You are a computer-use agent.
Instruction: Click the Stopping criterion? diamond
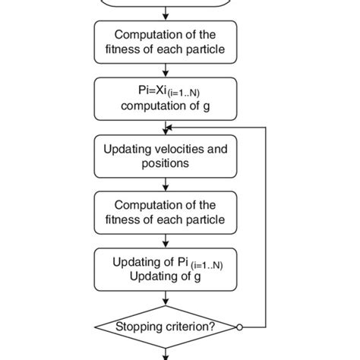[x=166, y=327]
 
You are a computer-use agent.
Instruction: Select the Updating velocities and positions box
[x=166, y=156]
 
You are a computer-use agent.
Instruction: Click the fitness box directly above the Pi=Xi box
[x=166, y=42]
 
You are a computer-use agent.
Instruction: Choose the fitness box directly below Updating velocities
[x=166, y=213]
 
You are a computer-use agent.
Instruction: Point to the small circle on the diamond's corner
[x=238, y=327]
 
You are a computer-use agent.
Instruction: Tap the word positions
[x=164, y=163]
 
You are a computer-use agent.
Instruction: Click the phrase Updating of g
[x=165, y=276]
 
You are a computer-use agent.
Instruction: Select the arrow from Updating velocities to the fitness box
[x=166, y=184]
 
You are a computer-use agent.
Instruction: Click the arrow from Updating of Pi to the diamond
[x=166, y=298]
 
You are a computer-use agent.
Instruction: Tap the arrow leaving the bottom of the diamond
[x=166, y=352]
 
